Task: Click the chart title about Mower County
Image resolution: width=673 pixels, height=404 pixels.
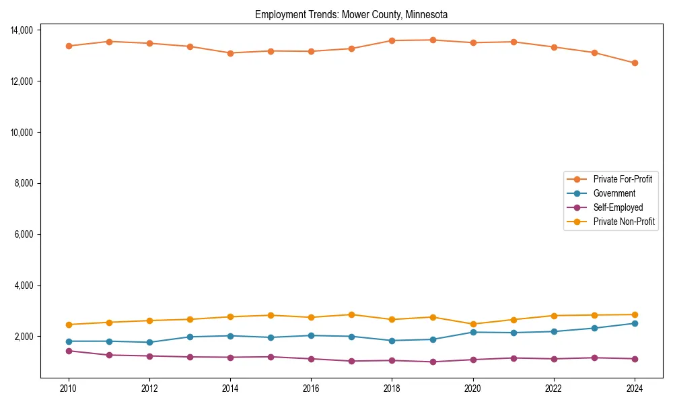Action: click(351, 14)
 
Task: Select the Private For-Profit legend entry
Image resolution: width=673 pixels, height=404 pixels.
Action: click(623, 179)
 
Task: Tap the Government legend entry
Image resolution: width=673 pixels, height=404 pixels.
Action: click(614, 193)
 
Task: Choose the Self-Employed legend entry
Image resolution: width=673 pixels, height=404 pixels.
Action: click(618, 207)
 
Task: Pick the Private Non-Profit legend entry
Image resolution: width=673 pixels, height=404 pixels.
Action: click(624, 222)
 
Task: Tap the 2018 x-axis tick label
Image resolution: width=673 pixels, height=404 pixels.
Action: click(392, 389)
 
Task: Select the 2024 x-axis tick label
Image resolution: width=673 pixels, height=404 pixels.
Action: click(634, 389)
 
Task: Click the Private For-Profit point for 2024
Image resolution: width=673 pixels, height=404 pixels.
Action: click(634, 63)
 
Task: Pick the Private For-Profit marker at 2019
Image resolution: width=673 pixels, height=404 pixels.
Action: click(432, 40)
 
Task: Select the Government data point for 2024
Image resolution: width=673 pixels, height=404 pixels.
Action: click(634, 324)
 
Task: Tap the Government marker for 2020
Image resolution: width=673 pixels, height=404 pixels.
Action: click(472, 332)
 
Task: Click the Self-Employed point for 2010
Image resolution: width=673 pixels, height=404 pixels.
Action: click(69, 351)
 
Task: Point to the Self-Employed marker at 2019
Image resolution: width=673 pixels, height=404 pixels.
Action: click(432, 362)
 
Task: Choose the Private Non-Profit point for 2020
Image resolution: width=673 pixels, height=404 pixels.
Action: click(472, 324)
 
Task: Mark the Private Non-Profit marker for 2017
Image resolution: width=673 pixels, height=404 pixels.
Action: click(351, 314)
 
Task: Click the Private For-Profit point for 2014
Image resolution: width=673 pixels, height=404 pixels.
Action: click(230, 53)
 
